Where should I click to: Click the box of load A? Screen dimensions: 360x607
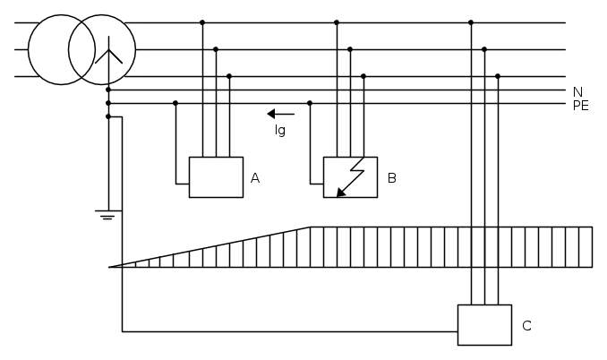tap(216, 177)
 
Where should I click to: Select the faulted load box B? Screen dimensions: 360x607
tap(350, 177)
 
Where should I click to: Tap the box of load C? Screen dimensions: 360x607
tap(484, 325)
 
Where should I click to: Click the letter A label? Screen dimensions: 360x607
tap(255, 178)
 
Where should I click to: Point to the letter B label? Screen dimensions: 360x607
tap(392, 178)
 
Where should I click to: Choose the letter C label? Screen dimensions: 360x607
tap(526, 326)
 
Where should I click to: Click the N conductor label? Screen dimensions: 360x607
tap(577, 91)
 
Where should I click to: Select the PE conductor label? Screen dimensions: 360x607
tap(580, 105)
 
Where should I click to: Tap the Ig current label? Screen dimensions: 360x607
tap(280, 130)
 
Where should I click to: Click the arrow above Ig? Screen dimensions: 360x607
tap(280, 114)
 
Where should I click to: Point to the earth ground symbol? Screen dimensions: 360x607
tap(107, 215)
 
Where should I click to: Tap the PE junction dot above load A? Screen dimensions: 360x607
tap(175, 103)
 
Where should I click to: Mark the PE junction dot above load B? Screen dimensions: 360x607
tap(310, 103)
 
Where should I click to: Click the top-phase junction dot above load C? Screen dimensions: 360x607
tap(471, 22)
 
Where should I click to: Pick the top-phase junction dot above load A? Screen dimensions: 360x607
tap(202, 22)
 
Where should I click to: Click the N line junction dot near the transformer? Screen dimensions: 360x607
tap(108, 90)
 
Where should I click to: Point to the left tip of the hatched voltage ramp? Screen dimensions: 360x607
tap(110, 267)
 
